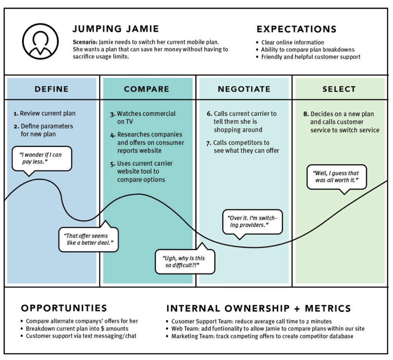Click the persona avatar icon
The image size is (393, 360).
coord(40,41)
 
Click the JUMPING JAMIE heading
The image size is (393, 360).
coord(116,29)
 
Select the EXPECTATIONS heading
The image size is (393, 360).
coord(296,29)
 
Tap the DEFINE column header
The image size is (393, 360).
coord(52,89)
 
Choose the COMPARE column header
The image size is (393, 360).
coord(147,89)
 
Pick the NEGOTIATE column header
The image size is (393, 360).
coord(244,89)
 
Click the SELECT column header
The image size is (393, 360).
coord(339,89)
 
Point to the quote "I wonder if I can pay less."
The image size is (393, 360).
coord(41,158)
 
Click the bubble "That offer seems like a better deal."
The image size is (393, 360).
coord(89,239)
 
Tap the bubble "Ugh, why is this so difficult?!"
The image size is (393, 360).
coord(185,262)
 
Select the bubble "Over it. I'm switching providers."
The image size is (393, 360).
coord(253,222)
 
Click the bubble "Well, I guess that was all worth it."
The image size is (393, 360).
coord(337,177)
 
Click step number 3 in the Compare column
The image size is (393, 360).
coord(112,114)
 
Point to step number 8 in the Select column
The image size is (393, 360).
coord(306,114)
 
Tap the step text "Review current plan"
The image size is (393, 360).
coord(48,113)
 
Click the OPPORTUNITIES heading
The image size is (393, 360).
coord(64,308)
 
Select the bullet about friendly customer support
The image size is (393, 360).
coord(310,57)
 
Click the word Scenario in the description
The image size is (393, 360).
coord(84,42)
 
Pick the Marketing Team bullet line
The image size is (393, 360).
coord(262,336)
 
